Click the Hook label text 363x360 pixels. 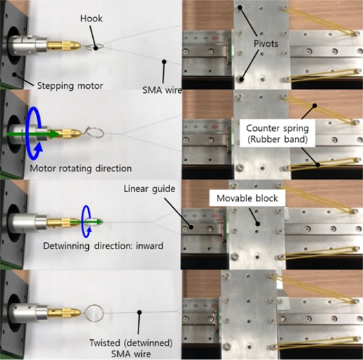91,19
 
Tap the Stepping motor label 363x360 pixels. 70,86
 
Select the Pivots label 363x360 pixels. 266,43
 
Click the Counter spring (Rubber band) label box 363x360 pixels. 278,134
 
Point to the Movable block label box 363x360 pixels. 247,198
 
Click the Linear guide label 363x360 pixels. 149,189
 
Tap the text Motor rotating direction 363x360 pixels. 81,168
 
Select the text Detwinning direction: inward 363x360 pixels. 103,246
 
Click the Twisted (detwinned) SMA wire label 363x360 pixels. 131,348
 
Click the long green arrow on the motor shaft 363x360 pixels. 33,134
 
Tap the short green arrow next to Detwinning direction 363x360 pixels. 87,222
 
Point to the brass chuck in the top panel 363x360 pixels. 64,45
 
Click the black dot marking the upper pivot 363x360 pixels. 240,8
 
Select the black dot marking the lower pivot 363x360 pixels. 242,79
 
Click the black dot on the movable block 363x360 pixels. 258,224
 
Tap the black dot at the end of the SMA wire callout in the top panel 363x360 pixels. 164,61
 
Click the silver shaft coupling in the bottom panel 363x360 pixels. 28,310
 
